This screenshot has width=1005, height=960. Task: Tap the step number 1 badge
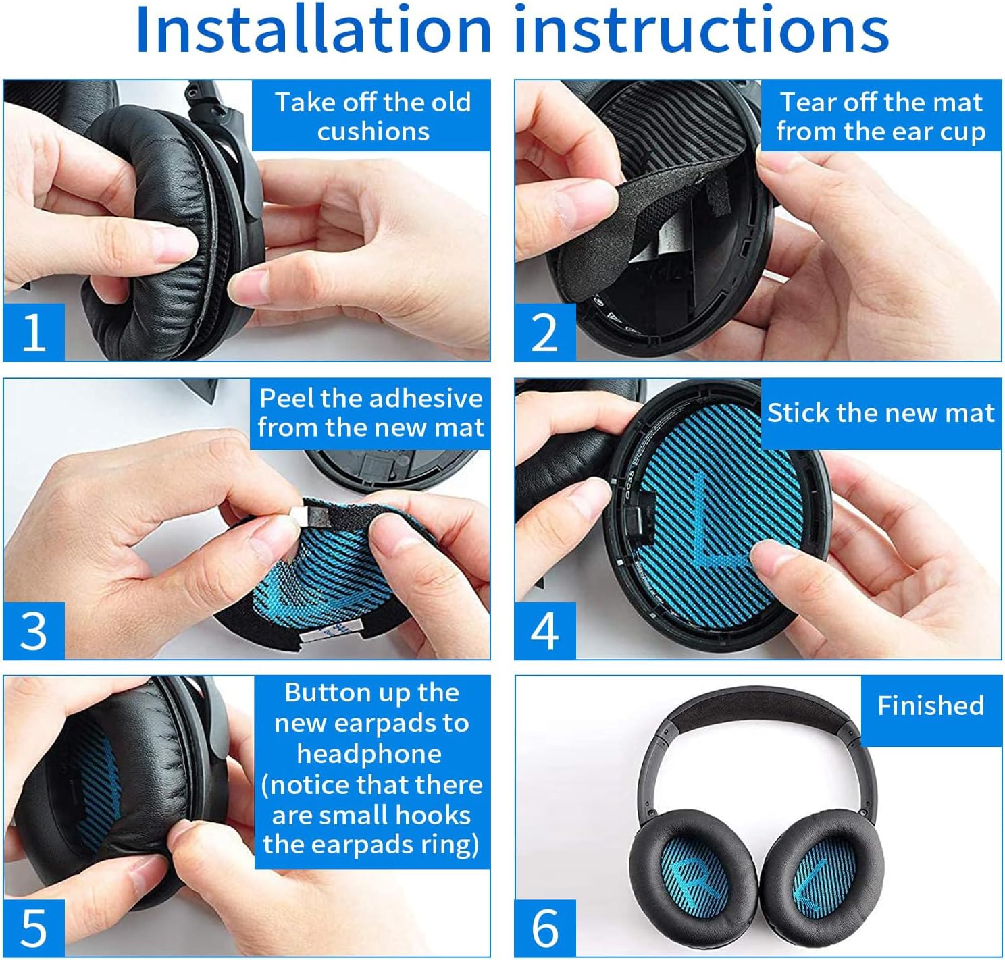(x=34, y=332)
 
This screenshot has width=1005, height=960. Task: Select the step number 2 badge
(x=544, y=332)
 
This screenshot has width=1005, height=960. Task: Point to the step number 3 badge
(x=34, y=631)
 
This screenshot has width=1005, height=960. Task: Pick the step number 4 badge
(x=544, y=631)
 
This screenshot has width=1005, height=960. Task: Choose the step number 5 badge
(x=34, y=928)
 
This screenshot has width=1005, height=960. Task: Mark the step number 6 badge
(x=544, y=928)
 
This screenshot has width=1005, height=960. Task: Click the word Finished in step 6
(x=931, y=705)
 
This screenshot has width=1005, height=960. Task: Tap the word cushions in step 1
(x=373, y=132)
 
